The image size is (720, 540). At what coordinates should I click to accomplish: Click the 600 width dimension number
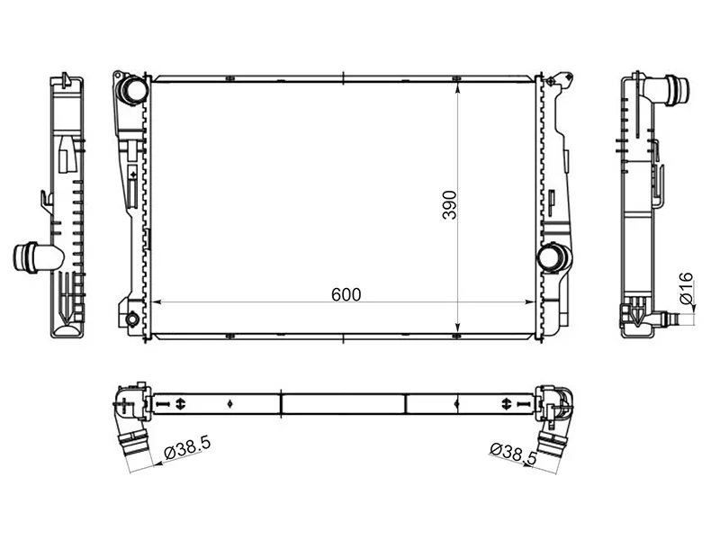346,294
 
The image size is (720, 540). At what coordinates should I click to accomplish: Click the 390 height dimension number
449,205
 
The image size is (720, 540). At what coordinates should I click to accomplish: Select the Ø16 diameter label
686,288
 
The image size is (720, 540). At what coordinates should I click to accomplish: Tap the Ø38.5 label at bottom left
187,447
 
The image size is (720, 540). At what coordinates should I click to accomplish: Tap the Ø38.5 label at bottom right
513,453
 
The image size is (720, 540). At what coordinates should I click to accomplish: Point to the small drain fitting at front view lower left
131,319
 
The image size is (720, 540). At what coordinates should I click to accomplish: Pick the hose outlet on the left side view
38,257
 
